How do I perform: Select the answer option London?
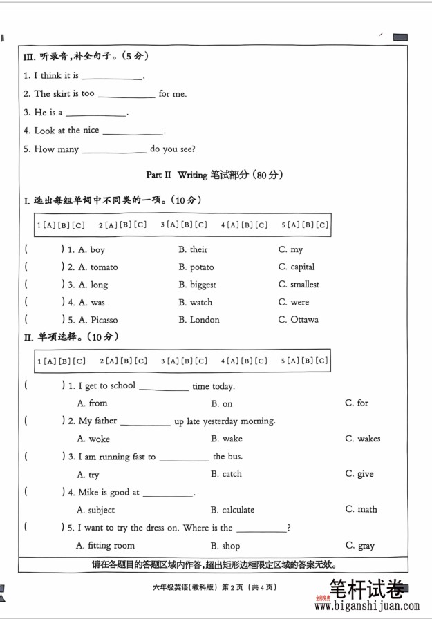[x=205, y=320]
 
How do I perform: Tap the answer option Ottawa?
[x=304, y=320]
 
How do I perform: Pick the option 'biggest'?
[x=203, y=285]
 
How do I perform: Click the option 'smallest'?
[x=305, y=284]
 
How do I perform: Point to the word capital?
[x=303, y=267]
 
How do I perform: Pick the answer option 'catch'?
[x=232, y=474]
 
